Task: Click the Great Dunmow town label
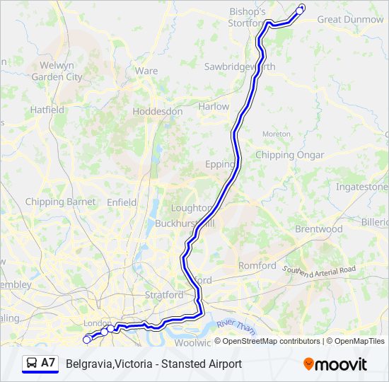pos(350,20)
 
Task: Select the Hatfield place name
pos(47,110)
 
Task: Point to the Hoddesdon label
pos(157,112)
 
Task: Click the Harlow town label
pos(214,107)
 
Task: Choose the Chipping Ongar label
pos(289,155)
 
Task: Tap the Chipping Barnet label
pos(60,202)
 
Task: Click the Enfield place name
pos(122,202)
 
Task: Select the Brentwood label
pos(318,229)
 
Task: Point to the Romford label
pos(257,266)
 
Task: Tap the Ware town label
pos(146,71)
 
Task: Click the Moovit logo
pos(335,364)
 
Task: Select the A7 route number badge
pos(48,363)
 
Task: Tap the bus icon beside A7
pos(32,364)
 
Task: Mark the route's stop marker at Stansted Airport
pos(299,11)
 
